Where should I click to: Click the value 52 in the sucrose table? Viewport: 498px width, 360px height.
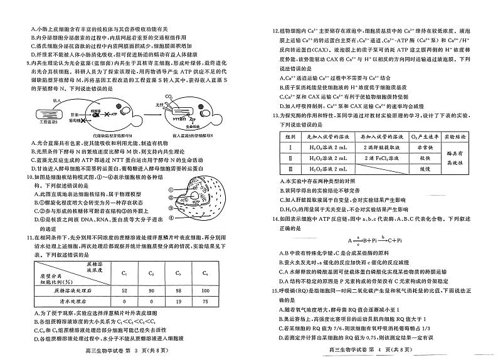[x=124, y=291]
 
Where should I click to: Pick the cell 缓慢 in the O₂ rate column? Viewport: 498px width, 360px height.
[x=424, y=168]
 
